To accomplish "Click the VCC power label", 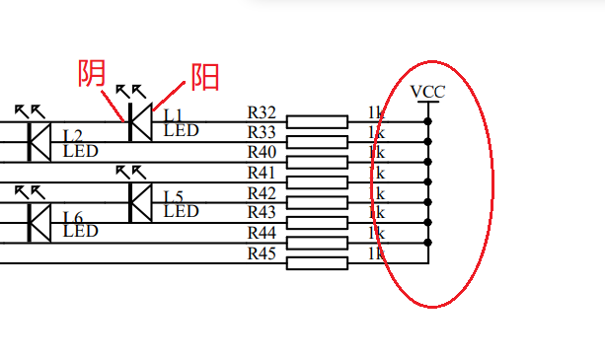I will pos(428,92).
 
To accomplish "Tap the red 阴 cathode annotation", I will pos(93,74).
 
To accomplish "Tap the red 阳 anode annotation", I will pos(204,76).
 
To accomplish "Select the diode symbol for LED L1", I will pos(138,121).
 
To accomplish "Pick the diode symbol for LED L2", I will pos(38,141).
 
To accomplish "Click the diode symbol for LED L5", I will pos(138,202).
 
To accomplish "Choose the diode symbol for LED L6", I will pos(38,222).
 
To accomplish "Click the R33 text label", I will pos(262,132).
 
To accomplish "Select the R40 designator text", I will pos(262,152).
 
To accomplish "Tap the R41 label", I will pos(262,173).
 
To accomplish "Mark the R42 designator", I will pos(262,192).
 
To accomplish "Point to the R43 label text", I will pos(262,212).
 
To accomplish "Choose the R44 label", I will pos(262,233).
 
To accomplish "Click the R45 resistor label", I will pos(262,253).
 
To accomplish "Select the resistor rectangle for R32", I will pos(317,121).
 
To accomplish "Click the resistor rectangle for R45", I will pos(317,262).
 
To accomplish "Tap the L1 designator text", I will pos(173,115).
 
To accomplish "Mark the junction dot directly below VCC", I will pos(428,121).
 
